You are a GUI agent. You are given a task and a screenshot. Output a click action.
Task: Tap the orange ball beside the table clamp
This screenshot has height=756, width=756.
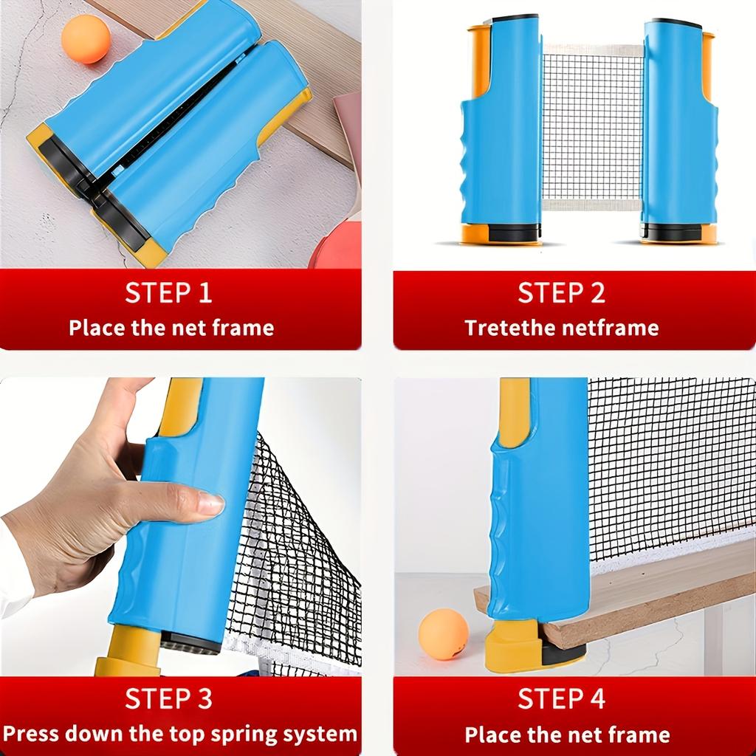click(443, 633)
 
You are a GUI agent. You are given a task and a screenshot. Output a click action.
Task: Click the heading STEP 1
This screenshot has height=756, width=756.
click(168, 292)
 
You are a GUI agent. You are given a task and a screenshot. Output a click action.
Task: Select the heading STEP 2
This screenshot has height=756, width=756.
click(561, 292)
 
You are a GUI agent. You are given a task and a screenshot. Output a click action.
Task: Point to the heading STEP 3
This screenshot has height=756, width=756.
click(168, 698)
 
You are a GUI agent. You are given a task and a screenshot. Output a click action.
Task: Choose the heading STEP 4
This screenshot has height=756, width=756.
click(561, 698)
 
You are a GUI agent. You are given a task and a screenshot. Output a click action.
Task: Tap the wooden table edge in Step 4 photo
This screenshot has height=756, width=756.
click(650, 591)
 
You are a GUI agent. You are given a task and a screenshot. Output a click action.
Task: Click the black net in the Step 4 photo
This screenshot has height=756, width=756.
click(664, 465)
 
